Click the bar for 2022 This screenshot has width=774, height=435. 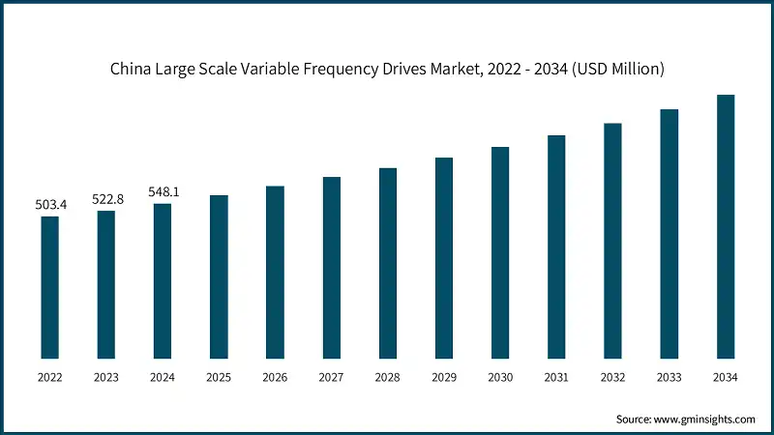[49, 288]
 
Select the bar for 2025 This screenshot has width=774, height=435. [219, 277]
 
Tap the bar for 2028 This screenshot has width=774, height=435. [388, 264]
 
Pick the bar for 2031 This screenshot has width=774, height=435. [555, 247]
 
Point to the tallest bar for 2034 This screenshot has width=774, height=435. [725, 227]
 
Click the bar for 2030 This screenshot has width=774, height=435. [500, 253]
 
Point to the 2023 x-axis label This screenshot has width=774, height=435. [105, 377]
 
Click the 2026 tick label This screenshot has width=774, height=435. [275, 377]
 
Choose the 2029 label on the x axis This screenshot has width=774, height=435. [444, 377]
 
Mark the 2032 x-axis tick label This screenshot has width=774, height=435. [612, 377]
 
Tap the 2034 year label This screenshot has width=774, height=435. [725, 377]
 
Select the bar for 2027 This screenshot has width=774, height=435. [332, 269]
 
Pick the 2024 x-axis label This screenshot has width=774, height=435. [163, 377]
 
